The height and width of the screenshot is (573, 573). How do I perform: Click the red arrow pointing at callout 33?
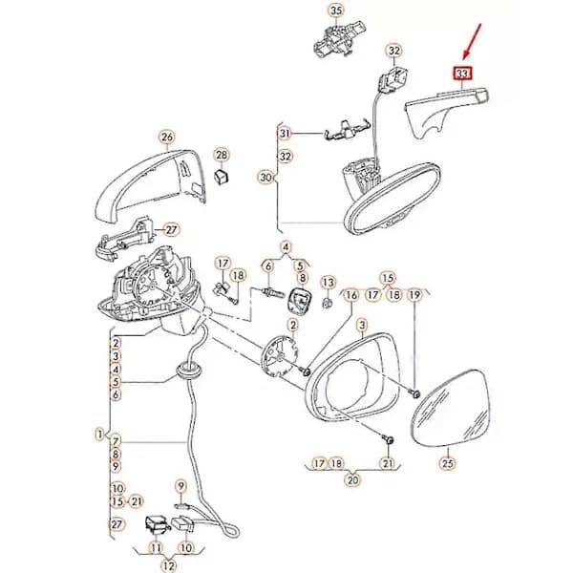click(472, 41)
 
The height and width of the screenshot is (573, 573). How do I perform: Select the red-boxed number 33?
click(462, 74)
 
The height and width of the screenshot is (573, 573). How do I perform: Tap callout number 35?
click(336, 11)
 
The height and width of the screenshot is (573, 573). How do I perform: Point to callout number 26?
click(167, 137)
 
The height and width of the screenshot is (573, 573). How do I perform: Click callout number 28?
click(222, 155)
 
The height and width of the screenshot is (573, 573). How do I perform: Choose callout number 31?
click(285, 134)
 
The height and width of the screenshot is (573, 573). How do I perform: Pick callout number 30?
click(265, 178)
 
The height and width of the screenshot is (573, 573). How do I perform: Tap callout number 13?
click(329, 282)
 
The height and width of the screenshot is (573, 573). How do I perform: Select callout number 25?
click(448, 463)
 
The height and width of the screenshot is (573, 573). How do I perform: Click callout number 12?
click(168, 565)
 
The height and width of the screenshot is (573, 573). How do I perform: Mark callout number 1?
click(99, 435)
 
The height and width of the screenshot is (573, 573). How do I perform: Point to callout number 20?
click(352, 479)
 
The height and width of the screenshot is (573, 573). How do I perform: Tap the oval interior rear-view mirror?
click(392, 200)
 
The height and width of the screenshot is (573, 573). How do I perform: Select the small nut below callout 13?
click(328, 302)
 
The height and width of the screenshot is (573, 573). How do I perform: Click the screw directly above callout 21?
click(388, 439)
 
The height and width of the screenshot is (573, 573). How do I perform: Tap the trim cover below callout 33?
click(447, 111)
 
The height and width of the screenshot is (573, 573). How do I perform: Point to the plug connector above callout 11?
click(158, 526)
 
